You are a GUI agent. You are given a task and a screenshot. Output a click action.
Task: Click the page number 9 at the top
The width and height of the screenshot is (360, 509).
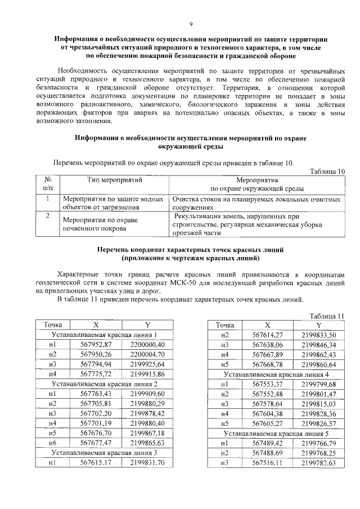coord(191,25)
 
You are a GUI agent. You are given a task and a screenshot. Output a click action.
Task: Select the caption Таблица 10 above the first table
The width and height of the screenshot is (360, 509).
coord(327,171)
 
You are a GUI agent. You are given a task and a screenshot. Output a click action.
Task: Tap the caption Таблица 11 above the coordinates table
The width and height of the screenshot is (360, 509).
coord(327,316)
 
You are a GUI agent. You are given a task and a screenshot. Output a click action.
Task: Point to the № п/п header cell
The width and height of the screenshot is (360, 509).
coord(48,184)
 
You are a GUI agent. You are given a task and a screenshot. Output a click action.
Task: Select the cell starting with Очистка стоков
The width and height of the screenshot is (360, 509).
coord(256,203)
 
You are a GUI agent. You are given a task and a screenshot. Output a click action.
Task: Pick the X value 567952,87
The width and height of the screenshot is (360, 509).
coord(97,344)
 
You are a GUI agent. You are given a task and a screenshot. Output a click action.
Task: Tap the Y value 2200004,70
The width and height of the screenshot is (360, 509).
coord(147,354)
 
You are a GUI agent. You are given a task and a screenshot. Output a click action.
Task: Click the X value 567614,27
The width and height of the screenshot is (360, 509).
coord(268,335)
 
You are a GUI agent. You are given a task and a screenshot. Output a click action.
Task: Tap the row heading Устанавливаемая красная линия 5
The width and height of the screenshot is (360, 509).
coord(276,433)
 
